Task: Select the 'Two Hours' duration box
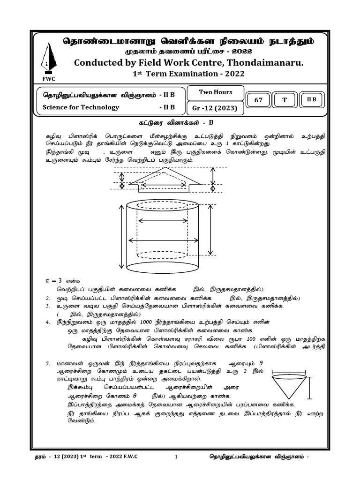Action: (x=215, y=92)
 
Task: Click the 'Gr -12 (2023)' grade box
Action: (x=215, y=108)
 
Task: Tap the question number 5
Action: (x=48, y=363)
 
